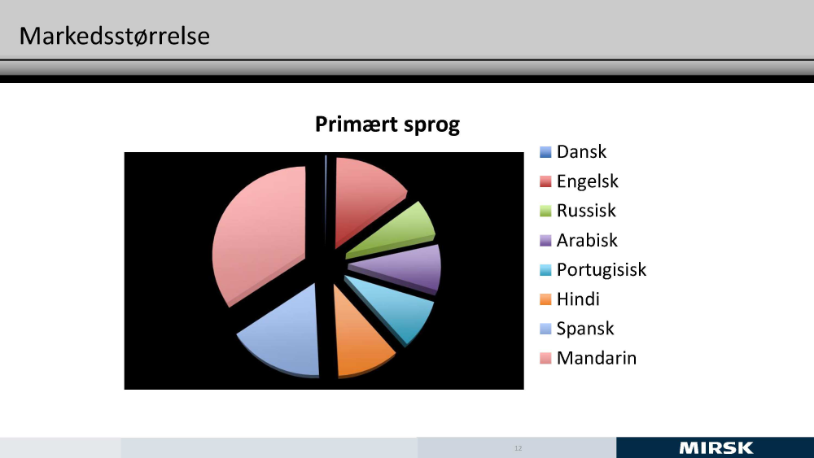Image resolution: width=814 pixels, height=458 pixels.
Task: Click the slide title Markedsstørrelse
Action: [114, 37]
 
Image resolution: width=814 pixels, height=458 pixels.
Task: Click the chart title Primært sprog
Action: [387, 125]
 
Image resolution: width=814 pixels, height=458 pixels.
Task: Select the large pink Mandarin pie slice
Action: [260, 233]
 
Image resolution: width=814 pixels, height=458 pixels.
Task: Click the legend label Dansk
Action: [581, 152]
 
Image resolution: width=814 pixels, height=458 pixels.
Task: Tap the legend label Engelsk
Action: [588, 181]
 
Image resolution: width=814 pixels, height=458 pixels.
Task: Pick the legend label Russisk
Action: [586, 211]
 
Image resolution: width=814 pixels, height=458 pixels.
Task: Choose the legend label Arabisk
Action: [587, 240]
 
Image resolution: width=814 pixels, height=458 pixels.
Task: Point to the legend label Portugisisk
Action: [602, 270]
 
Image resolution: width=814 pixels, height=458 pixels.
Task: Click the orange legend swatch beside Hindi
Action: [545, 299]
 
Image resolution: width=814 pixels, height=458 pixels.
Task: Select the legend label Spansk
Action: [585, 329]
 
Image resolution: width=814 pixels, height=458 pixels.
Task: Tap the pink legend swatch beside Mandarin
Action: [545, 359]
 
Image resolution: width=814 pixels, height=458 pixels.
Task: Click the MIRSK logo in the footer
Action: [716, 448]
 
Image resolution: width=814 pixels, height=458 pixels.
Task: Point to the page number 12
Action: [518, 448]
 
